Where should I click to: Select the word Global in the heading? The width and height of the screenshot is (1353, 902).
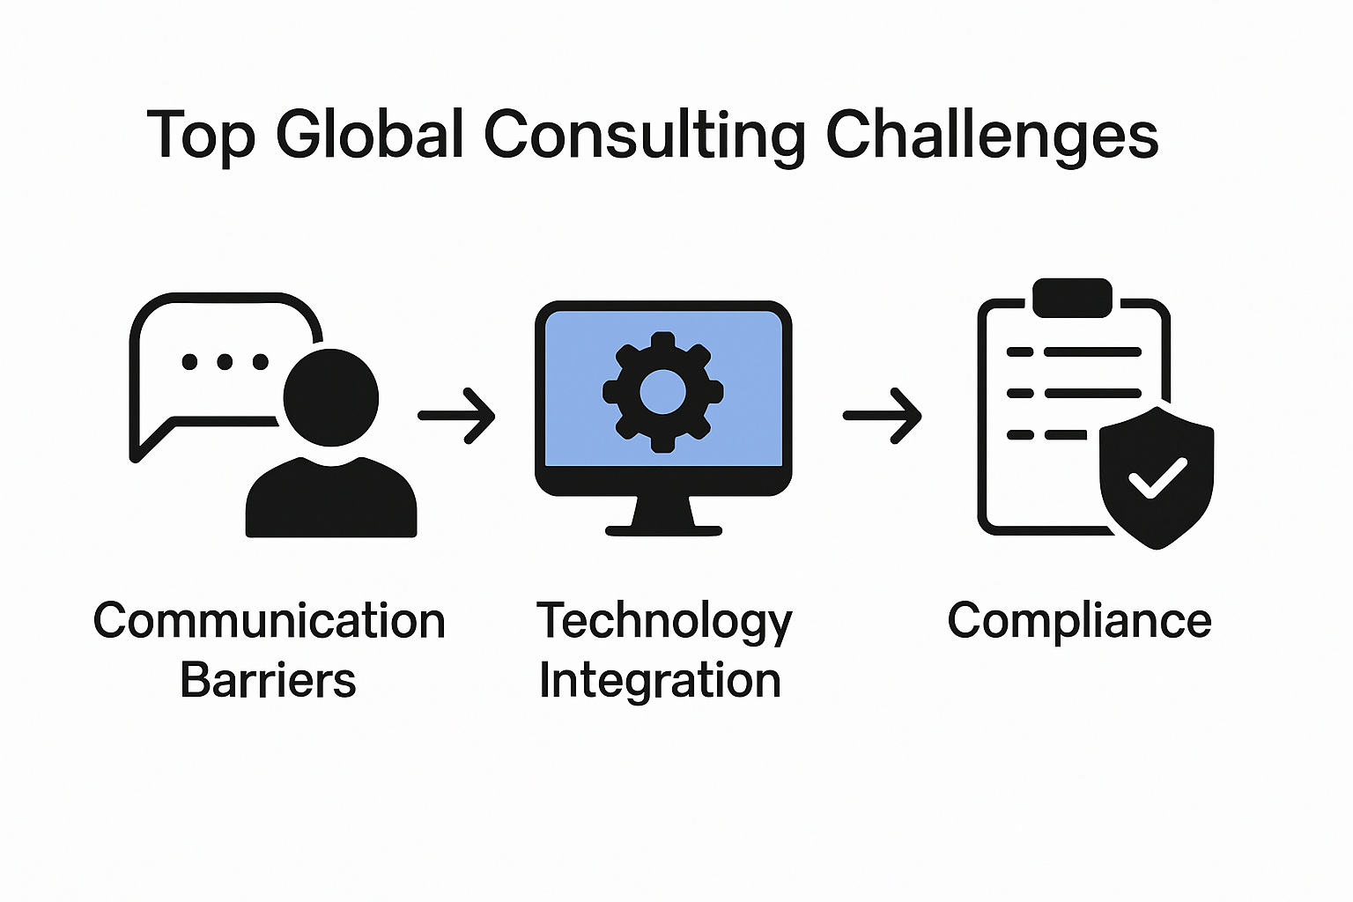tap(369, 135)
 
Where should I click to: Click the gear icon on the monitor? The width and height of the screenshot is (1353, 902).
tap(662, 392)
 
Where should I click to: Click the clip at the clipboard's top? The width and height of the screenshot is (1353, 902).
tap(1072, 298)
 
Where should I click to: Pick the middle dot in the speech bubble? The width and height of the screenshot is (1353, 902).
tap(225, 361)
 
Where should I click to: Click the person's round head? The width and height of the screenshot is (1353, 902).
tap(331, 397)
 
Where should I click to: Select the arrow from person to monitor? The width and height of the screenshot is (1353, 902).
tap(456, 415)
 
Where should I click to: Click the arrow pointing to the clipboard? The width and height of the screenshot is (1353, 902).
tap(882, 415)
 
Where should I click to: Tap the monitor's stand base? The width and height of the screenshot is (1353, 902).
tap(663, 530)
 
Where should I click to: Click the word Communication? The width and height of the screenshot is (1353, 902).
tap(270, 621)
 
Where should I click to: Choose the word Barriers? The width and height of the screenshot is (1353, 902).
tap(268, 681)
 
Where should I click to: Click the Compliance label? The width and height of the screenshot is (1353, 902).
tap(1079, 621)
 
